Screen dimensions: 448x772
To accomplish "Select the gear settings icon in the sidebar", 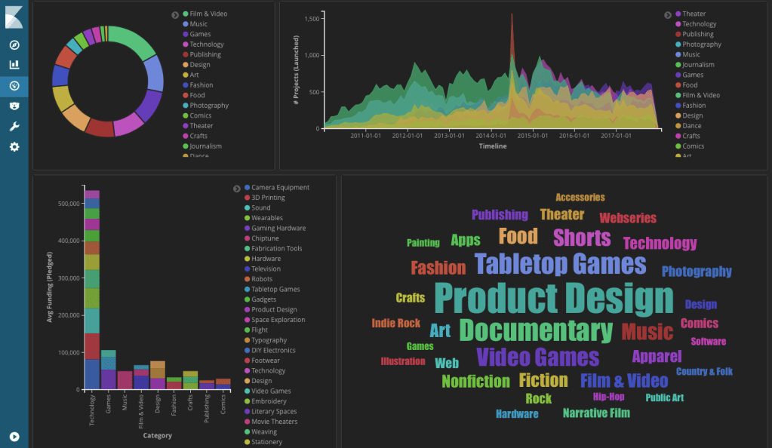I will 14,146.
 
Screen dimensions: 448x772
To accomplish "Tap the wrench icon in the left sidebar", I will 14,126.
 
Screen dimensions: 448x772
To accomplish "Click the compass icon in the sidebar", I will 14,44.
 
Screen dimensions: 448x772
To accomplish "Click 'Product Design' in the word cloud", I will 553,299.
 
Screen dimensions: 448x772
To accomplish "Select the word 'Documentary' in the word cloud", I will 536,330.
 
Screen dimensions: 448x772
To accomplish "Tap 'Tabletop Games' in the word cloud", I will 560,264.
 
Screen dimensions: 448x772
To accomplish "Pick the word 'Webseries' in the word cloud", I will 628,218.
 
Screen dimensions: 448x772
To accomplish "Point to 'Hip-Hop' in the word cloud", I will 608,397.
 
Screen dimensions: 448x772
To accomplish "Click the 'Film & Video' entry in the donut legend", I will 208,14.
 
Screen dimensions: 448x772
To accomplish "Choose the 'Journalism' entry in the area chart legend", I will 698,65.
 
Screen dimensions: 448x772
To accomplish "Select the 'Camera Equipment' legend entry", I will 280,187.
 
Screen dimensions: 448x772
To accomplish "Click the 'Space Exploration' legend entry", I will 278,320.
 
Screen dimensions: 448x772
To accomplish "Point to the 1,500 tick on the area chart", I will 311,17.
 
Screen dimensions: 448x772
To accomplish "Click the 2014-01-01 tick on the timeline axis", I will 491,137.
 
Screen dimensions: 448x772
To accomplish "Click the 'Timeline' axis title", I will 492,146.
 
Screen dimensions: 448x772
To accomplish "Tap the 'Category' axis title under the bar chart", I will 157,435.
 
